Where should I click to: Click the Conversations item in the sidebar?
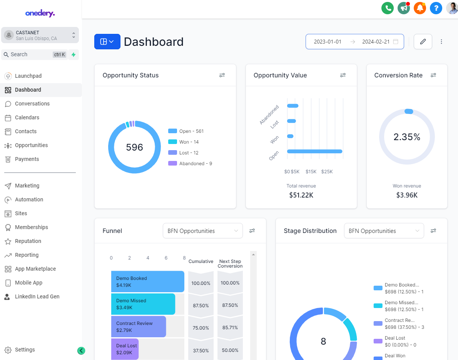tap(32, 104)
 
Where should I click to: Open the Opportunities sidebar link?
tap(31, 145)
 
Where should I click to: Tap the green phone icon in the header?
tap(387, 8)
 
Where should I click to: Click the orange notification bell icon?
tap(420, 8)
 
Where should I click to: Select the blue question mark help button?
tap(436, 8)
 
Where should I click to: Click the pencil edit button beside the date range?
tap(423, 42)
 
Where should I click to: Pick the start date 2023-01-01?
tap(328, 42)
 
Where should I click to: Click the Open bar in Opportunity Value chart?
tap(314, 151)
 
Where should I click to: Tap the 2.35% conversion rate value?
tap(407, 137)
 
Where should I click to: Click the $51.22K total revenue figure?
tap(301, 195)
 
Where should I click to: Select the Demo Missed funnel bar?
tap(143, 304)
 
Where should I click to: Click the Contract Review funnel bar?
tap(138, 327)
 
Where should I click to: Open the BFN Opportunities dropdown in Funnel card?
tap(202, 231)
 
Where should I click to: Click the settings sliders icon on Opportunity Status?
tap(222, 75)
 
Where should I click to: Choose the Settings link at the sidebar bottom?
tap(25, 350)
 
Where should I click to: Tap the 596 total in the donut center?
tap(135, 147)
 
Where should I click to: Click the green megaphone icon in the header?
tap(403, 8)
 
